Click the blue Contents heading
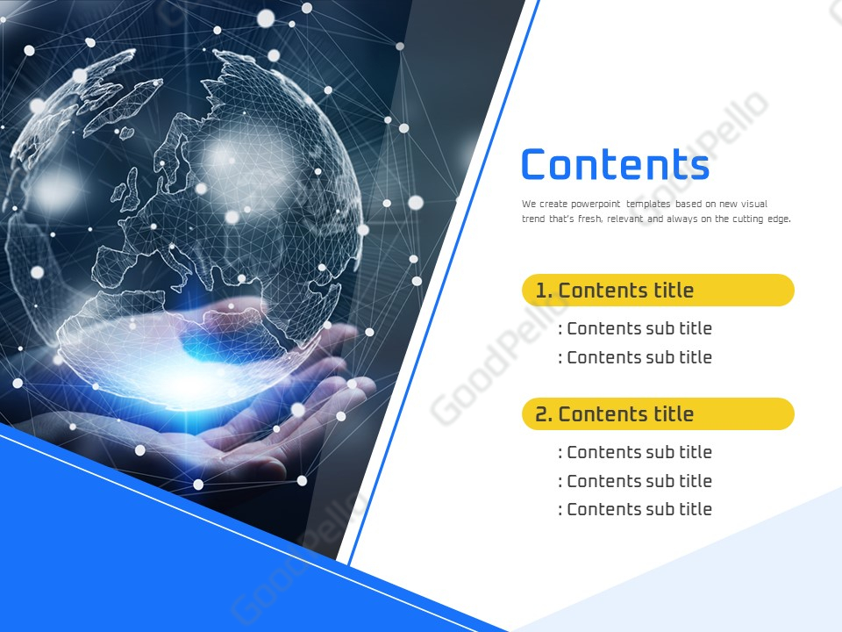click(614, 165)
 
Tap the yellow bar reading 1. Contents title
click(658, 291)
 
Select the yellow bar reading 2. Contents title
click(658, 414)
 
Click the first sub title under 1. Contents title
click(635, 328)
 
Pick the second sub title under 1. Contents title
click(635, 357)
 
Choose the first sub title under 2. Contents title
click(635, 452)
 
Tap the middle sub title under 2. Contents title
click(635, 481)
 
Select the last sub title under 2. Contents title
click(635, 509)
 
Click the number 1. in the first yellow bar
click(544, 291)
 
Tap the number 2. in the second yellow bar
click(544, 414)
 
